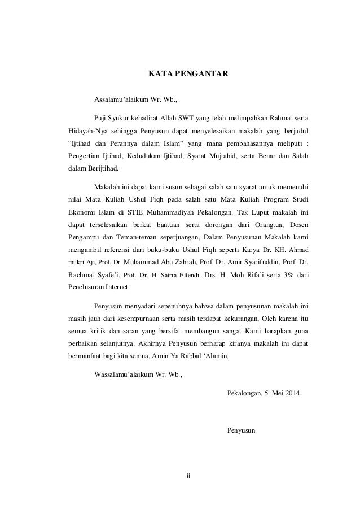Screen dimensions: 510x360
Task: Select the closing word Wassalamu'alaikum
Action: coord(122,373)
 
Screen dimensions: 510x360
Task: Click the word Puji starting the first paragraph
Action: coord(100,119)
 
